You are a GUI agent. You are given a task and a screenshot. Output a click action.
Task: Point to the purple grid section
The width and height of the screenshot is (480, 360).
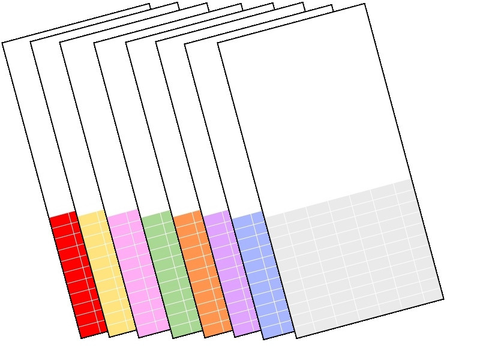click(x=223, y=270)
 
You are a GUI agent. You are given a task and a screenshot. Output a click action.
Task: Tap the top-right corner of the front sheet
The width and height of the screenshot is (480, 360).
click(x=364, y=4)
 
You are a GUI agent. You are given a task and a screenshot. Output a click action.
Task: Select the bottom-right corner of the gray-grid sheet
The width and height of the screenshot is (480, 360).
click(x=443, y=298)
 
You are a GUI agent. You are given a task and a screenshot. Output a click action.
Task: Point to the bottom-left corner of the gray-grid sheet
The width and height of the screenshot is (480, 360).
click(x=296, y=338)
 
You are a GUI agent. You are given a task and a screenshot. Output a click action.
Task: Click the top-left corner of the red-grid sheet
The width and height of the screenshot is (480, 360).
click(x=2, y=43)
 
